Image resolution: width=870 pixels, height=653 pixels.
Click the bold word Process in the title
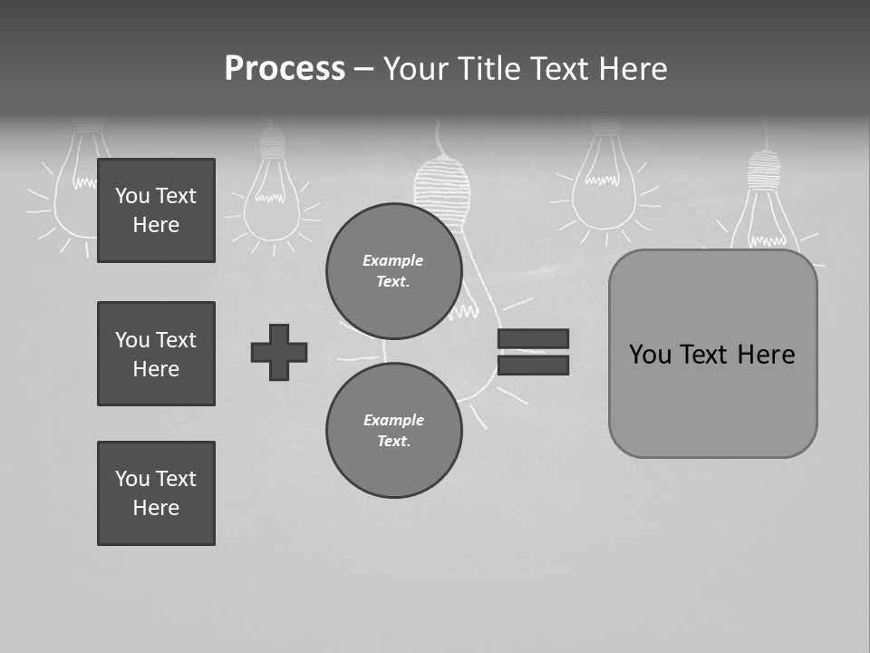285,69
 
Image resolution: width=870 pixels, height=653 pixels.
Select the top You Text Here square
156,210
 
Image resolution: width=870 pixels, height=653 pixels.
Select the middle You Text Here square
156,354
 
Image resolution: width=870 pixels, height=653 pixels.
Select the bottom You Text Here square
156,493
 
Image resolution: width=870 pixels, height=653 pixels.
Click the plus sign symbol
279,352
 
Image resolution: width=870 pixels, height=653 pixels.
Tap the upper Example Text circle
393,271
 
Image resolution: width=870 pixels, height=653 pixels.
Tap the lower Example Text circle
393,431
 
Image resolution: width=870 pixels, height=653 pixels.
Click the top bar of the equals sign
533,339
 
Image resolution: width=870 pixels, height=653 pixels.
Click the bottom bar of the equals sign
533,365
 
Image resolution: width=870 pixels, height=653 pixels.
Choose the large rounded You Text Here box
712,354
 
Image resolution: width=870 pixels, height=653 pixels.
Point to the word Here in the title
632,69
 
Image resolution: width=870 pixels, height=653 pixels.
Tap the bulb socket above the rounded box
763,168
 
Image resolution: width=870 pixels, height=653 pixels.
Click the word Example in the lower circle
393,420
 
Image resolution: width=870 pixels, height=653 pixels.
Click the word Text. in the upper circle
393,282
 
